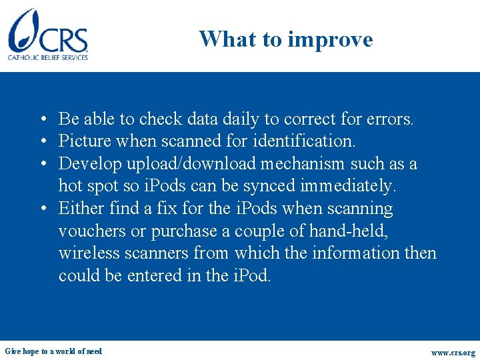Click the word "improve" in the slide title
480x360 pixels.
coord(329,39)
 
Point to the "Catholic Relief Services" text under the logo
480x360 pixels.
coord(48,58)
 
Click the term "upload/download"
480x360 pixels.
coord(189,164)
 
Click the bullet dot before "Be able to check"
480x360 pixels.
coord(42,120)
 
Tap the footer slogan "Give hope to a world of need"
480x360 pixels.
coord(53,351)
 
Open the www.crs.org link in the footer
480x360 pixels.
coord(453,353)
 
